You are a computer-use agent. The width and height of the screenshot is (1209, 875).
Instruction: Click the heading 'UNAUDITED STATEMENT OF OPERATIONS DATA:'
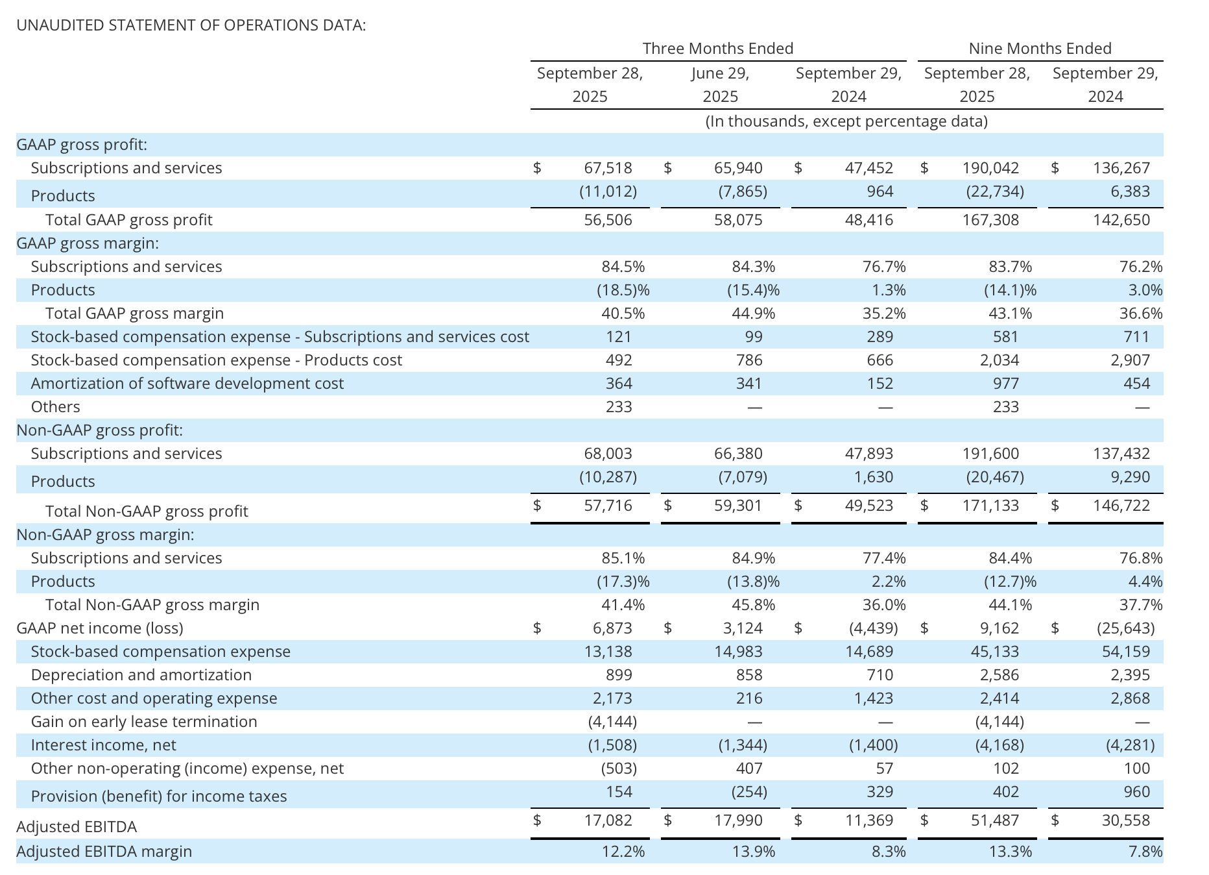coord(191,25)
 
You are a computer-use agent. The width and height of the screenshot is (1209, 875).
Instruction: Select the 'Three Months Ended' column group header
coord(717,49)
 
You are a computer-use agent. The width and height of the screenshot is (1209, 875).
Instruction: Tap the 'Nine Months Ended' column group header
coord(1040,49)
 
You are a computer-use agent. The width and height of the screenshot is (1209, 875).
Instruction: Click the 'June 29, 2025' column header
coord(720,84)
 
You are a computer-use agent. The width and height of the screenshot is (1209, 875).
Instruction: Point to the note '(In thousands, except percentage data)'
coord(846,121)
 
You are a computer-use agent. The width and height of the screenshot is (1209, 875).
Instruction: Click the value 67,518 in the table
coord(608,168)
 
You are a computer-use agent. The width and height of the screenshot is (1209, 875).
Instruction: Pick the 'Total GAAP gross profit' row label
coord(128,220)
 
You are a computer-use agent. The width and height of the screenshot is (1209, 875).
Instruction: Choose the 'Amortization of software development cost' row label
coord(187,384)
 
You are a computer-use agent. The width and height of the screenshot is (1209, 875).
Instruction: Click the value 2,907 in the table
coord(1130,360)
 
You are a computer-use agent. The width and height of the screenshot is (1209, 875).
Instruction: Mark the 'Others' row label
coord(55,407)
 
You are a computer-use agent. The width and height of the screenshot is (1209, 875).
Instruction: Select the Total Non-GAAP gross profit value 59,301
coord(738,506)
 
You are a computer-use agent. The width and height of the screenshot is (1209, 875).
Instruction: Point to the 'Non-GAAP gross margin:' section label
coord(105,535)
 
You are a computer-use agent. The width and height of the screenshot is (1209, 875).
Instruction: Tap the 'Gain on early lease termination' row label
coord(144,722)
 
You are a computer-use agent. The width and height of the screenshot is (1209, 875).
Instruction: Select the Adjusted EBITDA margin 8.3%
coord(889,852)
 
